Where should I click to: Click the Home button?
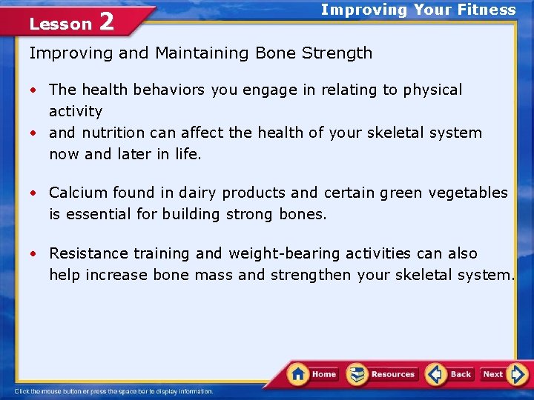coord(313,374)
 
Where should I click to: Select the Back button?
coord(449,374)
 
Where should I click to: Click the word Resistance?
coord(89,253)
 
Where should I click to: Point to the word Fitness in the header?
coord(487,10)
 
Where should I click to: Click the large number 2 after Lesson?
coord(106,22)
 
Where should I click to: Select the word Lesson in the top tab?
coord(60,24)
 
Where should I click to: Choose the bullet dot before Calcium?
coord(33,193)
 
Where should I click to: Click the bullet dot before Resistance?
coord(33,254)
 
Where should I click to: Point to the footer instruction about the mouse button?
coord(113,391)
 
